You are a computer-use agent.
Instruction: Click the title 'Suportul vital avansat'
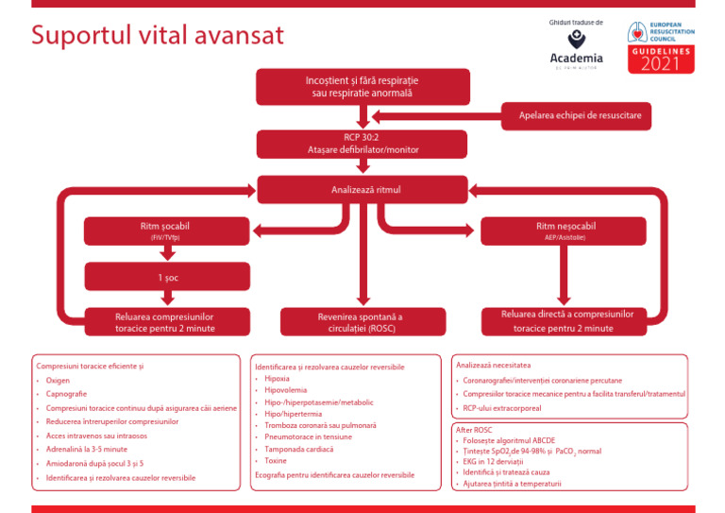point(158,36)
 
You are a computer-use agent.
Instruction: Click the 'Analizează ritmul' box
point(362,190)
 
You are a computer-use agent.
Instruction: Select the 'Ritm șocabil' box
point(156,231)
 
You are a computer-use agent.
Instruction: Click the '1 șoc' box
point(156,277)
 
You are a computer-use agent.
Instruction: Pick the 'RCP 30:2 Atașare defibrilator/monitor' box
point(362,144)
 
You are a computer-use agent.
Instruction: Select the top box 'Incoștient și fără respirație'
point(362,87)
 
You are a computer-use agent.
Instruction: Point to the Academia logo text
point(576,58)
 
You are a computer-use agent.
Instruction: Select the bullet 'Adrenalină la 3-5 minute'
point(86,450)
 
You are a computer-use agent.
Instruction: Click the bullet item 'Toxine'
point(277,461)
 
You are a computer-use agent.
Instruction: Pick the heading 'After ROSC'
point(474,430)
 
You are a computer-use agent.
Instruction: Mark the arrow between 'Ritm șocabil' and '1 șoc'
point(156,252)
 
